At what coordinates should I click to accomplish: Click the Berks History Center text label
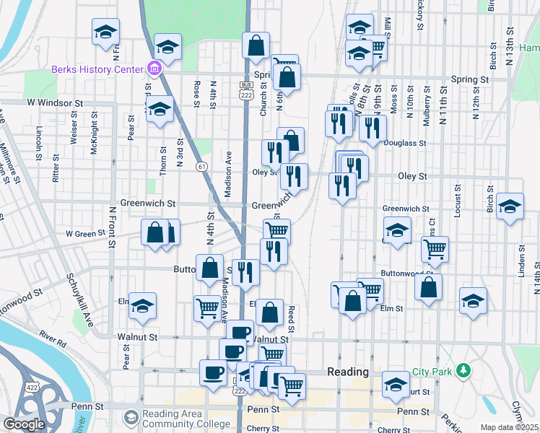[x=97, y=70]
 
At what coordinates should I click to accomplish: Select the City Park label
[x=431, y=372]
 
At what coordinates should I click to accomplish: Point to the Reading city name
[x=348, y=372]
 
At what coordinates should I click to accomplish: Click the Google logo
[x=24, y=424]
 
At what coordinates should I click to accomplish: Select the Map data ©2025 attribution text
[x=509, y=427]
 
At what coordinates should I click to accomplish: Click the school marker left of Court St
[x=396, y=382]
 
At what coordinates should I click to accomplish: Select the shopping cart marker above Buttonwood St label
[x=434, y=249]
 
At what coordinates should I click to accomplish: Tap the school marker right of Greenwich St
[x=510, y=208]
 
